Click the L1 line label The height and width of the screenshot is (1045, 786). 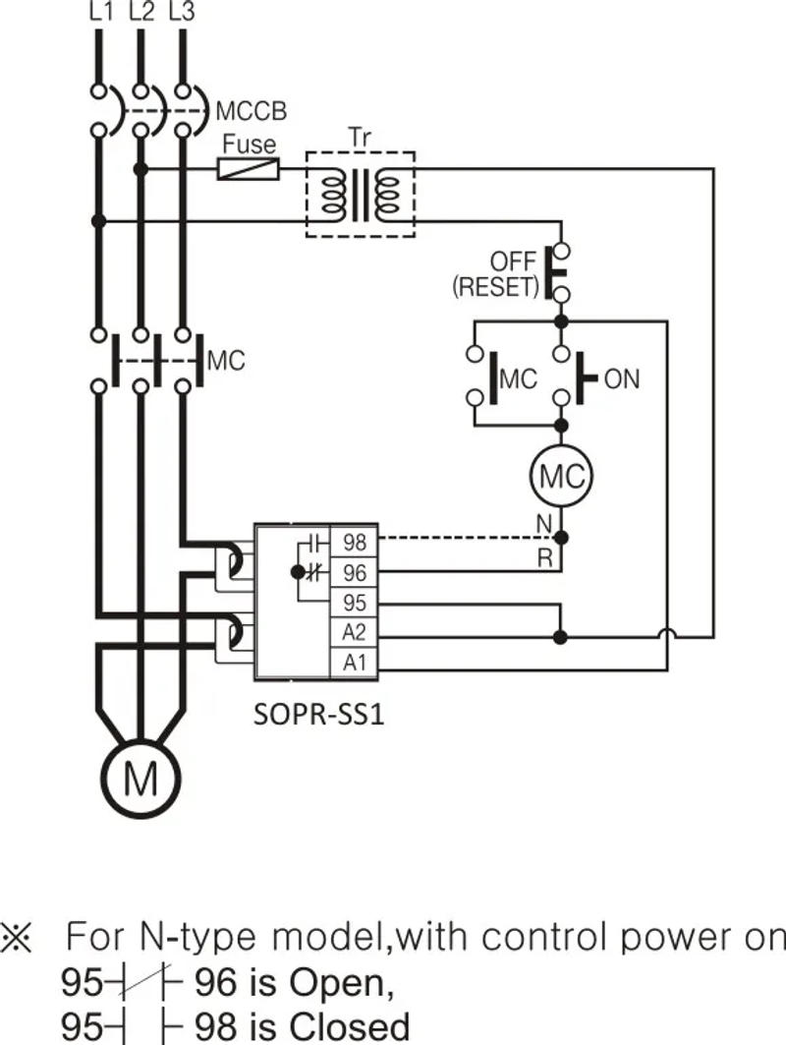coord(100,13)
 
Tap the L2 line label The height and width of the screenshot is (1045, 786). coord(140,13)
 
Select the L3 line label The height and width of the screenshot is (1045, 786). coord(182,13)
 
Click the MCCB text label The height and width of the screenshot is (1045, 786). coord(251,111)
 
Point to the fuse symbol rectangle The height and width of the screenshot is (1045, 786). coord(248,170)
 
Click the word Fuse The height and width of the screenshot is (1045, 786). coord(249,145)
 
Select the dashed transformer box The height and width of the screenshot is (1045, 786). coord(360,195)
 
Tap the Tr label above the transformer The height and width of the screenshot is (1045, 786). coord(360,137)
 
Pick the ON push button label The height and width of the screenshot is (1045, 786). coord(621,378)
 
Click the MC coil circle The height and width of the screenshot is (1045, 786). coord(561,477)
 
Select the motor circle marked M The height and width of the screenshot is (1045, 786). coord(140,780)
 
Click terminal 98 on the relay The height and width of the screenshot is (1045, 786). coord(354,542)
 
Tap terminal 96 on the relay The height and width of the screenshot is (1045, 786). coord(354,572)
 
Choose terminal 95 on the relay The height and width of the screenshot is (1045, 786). coord(354,602)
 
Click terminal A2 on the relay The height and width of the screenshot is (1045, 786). coord(354,632)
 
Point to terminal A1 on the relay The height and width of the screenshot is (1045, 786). coord(354,663)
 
